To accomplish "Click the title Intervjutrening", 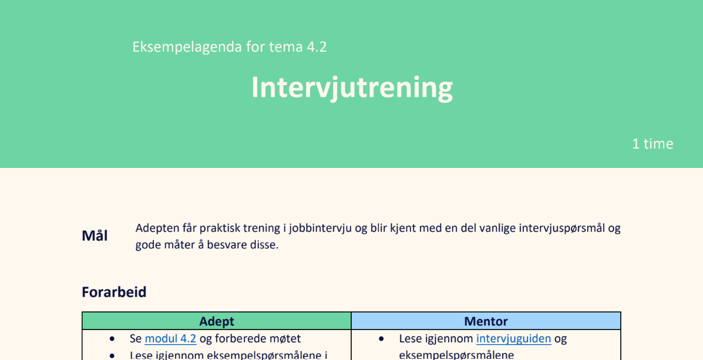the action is [x=352, y=88].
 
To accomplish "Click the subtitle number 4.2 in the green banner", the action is [x=317, y=46].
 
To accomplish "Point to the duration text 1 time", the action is [x=652, y=143].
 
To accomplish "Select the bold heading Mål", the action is [x=95, y=235].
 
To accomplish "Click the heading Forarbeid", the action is [x=114, y=292].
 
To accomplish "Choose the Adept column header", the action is [x=217, y=321].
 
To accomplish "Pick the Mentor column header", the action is [x=486, y=321].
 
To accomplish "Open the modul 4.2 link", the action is [x=170, y=338].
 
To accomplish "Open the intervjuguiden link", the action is [x=513, y=339].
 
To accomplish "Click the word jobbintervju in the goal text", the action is [x=320, y=228].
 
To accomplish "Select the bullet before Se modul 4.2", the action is [x=112, y=339].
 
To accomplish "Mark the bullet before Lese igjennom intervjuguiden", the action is [x=381, y=339].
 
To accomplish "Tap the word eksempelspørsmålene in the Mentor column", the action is [x=456, y=355].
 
